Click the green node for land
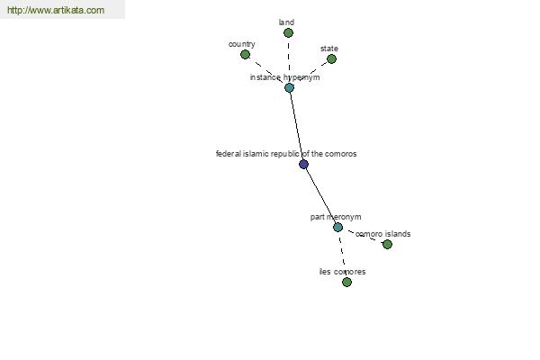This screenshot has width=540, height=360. (x=288, y=33)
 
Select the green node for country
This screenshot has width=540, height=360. (x=245, y=54)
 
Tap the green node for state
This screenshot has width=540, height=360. (x=331, y=58)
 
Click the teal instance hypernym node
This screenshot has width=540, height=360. (x=289, y=87)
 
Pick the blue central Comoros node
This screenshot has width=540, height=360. (x=303, y=164)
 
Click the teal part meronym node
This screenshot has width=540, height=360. (x=337, y=227)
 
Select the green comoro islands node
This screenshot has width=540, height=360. (x=387, y=244)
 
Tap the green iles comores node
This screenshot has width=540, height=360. (x=346, y=282)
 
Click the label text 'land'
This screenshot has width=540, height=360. (x=286, y=22)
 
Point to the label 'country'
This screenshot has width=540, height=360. (x=242, y=44)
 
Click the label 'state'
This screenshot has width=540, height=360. (x=329, y=49)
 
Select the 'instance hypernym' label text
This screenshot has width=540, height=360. (x=284, y=77)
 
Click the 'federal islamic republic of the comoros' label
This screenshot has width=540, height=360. (x=286, y=154)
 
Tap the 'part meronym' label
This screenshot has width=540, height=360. (x=336, y=217)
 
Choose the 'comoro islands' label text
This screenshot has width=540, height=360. (x=383, y=234)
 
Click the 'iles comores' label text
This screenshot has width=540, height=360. (x=342, y=272)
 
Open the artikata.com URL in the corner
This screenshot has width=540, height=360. (x=56, y=10)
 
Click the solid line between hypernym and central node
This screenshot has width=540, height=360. (x=296, y=126)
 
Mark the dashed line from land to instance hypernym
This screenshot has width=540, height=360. (x=289, y=60)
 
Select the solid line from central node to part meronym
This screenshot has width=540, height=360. (x=320, y=195)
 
